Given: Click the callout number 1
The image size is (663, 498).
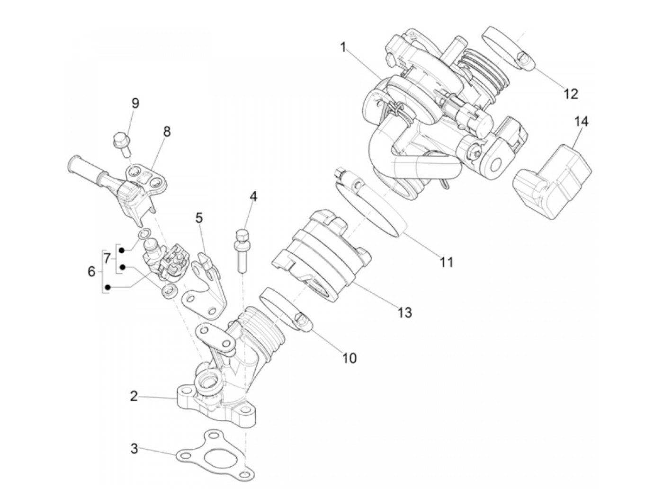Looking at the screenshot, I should click(x=343, y=47).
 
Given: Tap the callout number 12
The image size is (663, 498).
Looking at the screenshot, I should click(x=571, y=94).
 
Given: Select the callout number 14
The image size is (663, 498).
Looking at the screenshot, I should click(x=582, y=122).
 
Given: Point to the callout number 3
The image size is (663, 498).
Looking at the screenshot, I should click(x=134, y=448).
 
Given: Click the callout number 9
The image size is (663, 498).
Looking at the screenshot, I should click(x=135, y=103).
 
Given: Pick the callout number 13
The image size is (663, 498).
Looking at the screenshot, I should click(x=405, y=312).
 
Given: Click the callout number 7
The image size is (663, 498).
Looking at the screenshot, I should click(x=108, y=258).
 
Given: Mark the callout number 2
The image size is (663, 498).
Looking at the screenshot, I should click(x=134, y=396).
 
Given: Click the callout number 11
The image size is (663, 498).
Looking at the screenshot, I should click(x=446, y=261).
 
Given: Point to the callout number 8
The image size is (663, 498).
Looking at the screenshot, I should click(x=166, y=132).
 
